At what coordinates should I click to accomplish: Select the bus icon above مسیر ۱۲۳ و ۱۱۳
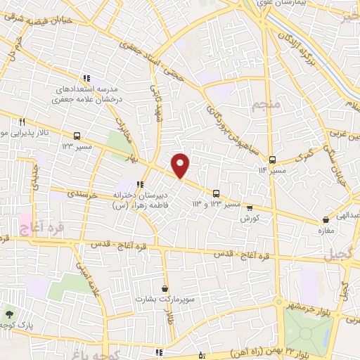tap(216, 193)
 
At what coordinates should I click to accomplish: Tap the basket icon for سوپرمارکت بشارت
tap(165, 288)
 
